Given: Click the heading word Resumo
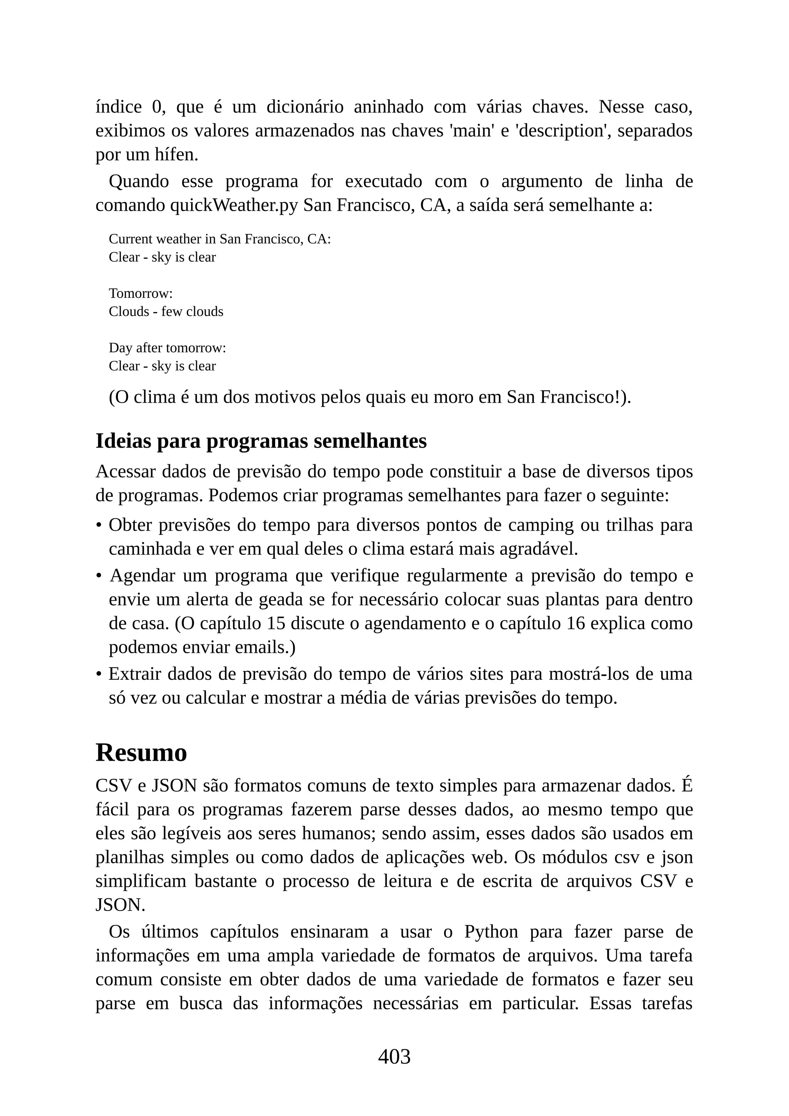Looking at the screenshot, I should [141, 753].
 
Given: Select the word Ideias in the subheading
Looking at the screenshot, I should [124, 441].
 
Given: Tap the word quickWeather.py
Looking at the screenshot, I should [234, 206].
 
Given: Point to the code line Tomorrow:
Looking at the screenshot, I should [140, 294].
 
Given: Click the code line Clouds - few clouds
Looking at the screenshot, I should [166, 312].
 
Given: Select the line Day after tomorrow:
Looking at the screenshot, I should [167, 348].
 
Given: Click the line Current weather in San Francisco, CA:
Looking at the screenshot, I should [220, 239].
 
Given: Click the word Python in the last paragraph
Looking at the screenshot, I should [491, 931].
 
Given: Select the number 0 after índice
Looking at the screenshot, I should [156, 107].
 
